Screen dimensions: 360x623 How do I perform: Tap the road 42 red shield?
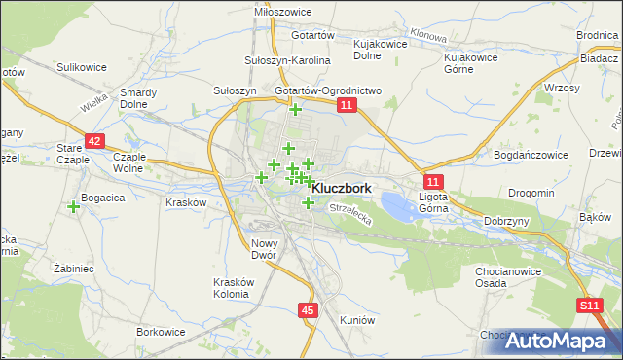coord(93,141)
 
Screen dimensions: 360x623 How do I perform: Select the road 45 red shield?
coord(308,310)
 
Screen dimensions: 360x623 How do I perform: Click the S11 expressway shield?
coord(588,306)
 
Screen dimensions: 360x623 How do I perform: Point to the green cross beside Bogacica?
coord(74,206)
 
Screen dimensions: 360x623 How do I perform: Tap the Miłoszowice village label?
coord(280,10)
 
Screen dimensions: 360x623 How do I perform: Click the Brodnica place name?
coord(597,35)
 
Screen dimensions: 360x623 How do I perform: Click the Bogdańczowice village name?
coord(532,155)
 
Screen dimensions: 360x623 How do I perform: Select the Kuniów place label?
coord(357,319)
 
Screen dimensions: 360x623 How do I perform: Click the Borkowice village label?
coord(161,332)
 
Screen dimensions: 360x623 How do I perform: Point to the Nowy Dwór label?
coord(264,249)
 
